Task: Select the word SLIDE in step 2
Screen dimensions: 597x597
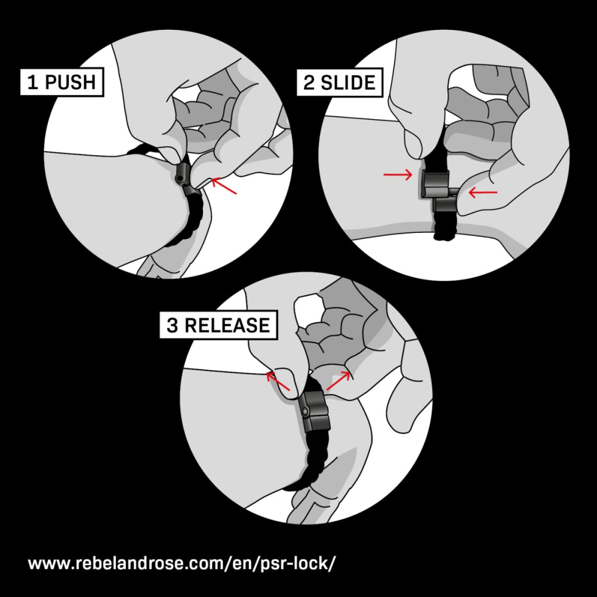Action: pos(348,82)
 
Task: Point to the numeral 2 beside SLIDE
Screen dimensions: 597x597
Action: pos(309,82)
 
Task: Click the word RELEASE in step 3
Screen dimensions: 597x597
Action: pos(227,325)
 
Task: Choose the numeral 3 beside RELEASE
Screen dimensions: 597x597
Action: pos(172,325)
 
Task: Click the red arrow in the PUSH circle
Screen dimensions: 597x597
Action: pos(224,186)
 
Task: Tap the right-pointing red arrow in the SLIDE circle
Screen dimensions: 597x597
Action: pos(398,175)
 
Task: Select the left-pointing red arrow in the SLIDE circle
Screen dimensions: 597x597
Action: pos(483,193)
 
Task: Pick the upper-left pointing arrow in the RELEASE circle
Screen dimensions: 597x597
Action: pos(278,381)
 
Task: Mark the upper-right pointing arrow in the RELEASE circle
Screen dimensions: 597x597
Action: pos(338,381)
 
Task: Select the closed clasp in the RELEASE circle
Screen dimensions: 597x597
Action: pos(315,411)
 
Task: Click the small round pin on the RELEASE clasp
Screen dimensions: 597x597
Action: pos(305,411)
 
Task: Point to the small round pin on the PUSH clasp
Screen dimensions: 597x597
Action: pos(179,178)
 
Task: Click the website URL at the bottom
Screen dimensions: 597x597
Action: pos(182,563)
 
